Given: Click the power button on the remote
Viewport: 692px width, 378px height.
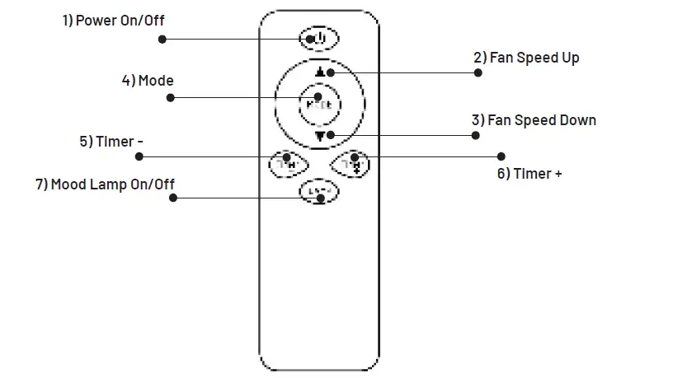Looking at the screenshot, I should click(x=318, y=39).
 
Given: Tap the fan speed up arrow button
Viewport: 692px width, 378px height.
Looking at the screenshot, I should click(x=319, y=71).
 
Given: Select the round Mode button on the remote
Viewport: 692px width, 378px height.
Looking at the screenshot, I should click(x=318, y=104).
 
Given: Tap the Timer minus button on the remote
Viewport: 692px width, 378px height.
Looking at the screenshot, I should click(x=286, y=163).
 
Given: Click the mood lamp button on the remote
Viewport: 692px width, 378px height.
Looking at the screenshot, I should click(x=318, y=192).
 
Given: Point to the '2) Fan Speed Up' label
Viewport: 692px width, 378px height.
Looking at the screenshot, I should click(x=526, y=58).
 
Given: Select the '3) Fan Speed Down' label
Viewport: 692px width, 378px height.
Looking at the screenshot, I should click(x=534, y=120).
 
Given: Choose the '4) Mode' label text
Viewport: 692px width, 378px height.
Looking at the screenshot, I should click(x=148, y=80).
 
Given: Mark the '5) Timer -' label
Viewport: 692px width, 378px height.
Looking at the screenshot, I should click(x=111, y=142).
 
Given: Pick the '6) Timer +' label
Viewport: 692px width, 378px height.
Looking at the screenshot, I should click(x=530, y=174).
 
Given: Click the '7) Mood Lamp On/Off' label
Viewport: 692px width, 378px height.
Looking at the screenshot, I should click(x=105, y=184).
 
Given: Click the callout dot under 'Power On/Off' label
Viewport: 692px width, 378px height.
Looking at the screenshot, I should click(x=162, y=39).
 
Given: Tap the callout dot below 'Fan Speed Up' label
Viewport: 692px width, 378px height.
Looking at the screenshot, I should click(x=478, y=72).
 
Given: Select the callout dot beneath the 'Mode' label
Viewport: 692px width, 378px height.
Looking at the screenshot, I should click(x=171, y=97).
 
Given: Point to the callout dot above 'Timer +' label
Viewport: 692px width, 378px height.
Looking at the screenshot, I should click(x=501, y=156).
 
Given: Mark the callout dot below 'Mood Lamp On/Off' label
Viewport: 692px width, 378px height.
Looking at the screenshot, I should click(x=173, y=198).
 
